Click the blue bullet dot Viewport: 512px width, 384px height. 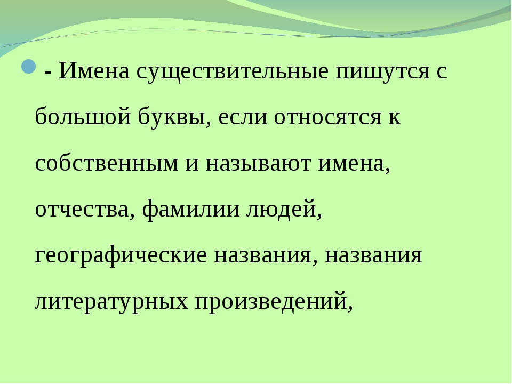29,66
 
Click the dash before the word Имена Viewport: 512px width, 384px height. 47,72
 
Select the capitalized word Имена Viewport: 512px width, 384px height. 94,70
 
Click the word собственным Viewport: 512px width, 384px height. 107,163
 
